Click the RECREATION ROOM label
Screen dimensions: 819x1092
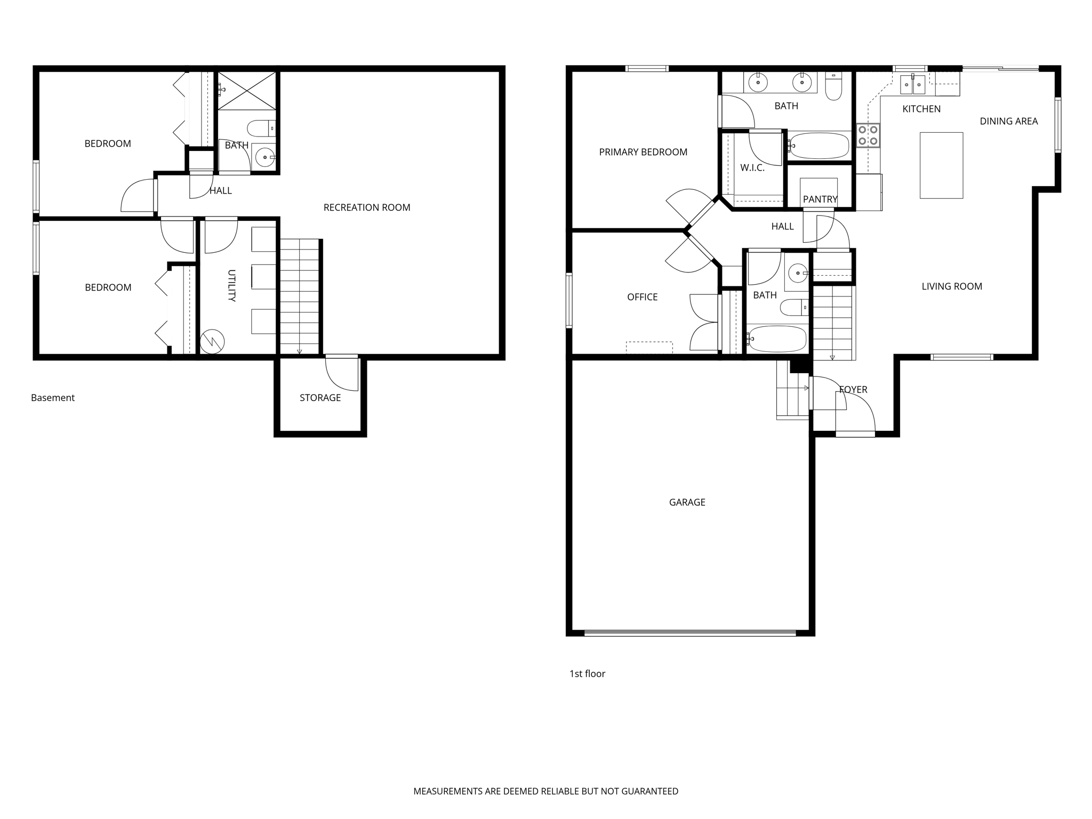pos(367,207)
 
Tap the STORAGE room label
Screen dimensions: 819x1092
pos(320,398)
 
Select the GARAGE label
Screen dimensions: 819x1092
pos(687,502)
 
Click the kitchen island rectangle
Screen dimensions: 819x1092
pos(941,165)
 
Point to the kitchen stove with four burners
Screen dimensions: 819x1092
pos(868,135)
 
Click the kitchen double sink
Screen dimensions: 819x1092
pos(912,84)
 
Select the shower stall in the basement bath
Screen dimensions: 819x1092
pos(247,91)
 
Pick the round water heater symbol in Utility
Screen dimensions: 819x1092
pos(212,341)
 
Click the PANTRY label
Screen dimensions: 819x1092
pos(820,199)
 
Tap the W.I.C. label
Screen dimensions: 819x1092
pos(752,168)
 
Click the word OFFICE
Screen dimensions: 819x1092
pos(642,297)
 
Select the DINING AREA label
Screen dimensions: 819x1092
pos(1008,122)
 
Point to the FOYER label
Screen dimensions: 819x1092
pos(853,390)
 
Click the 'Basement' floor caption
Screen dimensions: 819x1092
pos(53,398)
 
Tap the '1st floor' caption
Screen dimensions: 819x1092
pos(587,674)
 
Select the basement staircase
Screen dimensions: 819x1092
pos(299,296)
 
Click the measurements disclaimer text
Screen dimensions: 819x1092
pos(545,791)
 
